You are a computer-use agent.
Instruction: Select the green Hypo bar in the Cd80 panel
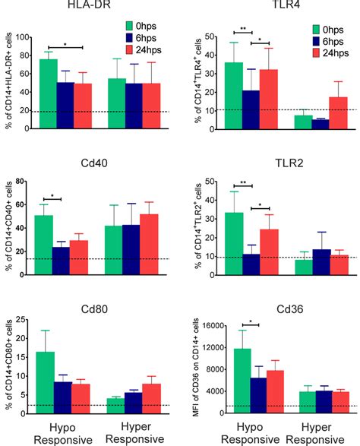click(46, 383)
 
